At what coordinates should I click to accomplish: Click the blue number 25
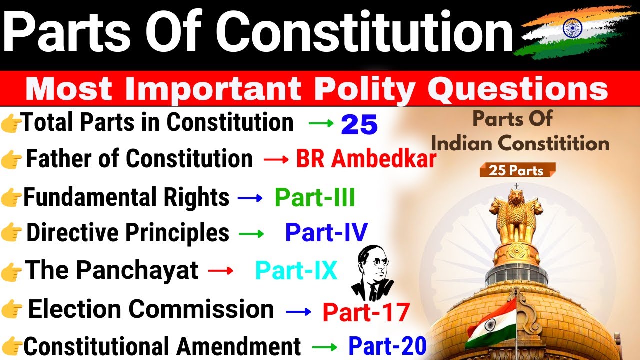click(359, 125)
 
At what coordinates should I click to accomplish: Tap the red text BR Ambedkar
click(366, 160)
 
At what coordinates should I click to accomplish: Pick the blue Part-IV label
click(326, 233)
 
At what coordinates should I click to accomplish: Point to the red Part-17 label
click(366, 312)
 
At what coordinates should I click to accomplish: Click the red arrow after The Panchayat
click(220, 271)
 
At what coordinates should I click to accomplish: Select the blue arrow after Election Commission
click(299, 312)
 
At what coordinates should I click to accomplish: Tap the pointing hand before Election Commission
click(12, 310)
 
